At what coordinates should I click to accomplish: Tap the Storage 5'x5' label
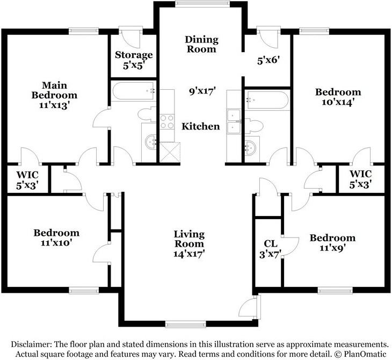tap(134, 60)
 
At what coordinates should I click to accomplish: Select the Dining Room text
tap(201, 44)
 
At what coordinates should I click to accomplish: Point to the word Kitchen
tap(201, 126)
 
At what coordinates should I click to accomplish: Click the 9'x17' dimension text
tap(201, 91)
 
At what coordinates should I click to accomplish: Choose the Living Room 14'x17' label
tap(188, 243)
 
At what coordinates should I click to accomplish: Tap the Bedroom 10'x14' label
tap(338, 96)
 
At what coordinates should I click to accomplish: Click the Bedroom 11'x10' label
tap(56, 237)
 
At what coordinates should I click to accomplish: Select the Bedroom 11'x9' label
tap(332, 243)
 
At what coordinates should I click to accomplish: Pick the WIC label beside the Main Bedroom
tap(27, 181)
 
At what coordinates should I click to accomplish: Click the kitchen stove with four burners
tap(167, 122)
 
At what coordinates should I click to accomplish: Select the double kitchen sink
tap(234, 121)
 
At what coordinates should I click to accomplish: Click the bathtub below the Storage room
tap(133, 91)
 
